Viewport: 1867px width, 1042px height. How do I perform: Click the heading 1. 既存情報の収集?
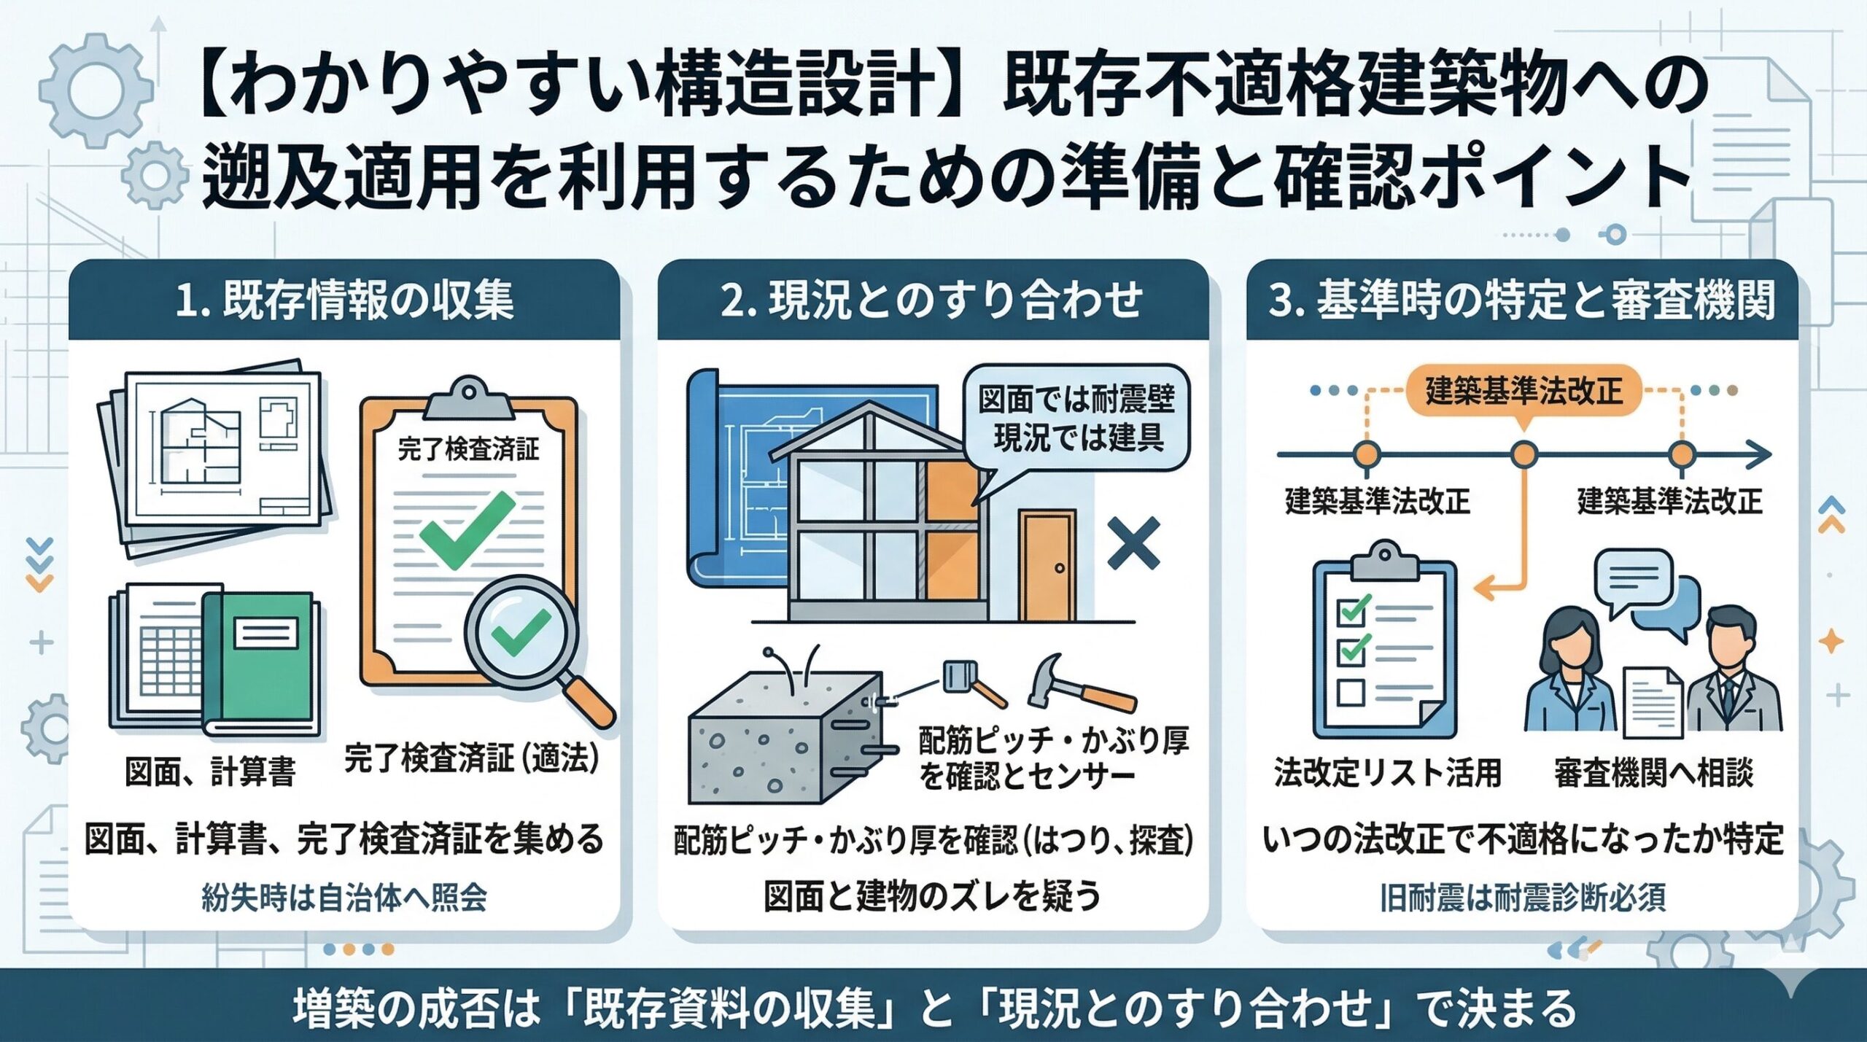(x=344, y=300)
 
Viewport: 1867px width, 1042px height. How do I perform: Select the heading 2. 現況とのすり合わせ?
(x=931, y=300)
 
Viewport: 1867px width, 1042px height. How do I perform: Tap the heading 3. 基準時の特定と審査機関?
(x=1522, y=300)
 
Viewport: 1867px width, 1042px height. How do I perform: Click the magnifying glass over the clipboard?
(x=521, y=631)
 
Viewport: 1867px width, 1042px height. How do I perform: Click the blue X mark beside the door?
(x=1133, y=543)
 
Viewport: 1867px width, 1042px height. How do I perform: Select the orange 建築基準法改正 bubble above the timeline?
(x=1523, y=392)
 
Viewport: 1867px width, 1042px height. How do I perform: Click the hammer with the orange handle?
(x=1079, y=682)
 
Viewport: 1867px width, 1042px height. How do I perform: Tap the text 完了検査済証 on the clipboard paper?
(x=468, y=449)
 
